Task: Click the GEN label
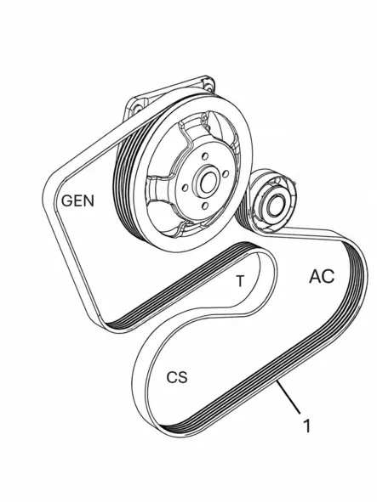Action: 77,200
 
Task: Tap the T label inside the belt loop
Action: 240,281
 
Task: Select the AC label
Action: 322,276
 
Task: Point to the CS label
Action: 177,377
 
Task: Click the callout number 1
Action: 307,426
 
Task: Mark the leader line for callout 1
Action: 289,397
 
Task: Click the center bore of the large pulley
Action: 208,182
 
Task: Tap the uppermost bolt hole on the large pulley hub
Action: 203,156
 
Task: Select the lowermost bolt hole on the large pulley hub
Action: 206,206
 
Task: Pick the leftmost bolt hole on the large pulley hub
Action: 185,188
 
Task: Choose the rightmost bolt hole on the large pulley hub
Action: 226,174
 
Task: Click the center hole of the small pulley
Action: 274,206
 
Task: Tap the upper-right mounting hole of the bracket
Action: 208,87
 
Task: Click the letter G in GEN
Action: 67,200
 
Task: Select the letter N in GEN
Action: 89,200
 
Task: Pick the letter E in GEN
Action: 78,200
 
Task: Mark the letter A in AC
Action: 315,277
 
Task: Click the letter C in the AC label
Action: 328,276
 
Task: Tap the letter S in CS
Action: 183,377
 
